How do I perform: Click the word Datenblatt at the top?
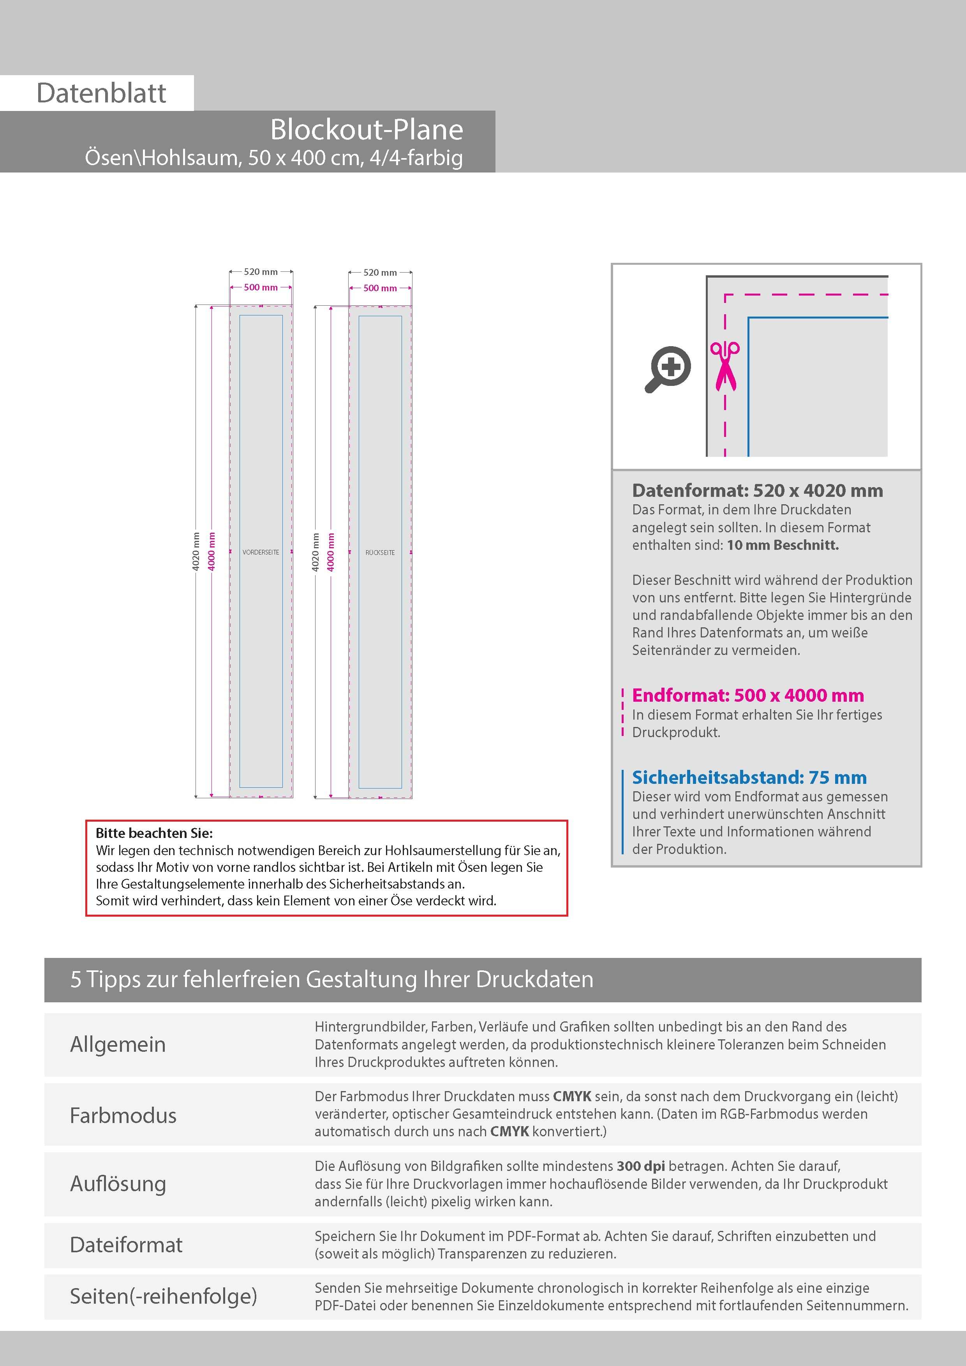[101, 93]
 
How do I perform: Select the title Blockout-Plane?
[366, 130]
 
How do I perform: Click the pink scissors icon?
[724, 366]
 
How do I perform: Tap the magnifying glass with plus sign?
[668, 369]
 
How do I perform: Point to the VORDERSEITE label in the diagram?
[261, 553]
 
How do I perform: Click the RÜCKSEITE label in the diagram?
[380, 553]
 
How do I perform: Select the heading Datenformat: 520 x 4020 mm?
[757, 491]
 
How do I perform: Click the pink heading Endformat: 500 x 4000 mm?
[747, 695]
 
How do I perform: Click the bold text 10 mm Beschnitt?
[782, 545]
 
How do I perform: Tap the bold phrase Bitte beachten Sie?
[154, 833]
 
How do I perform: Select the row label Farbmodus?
[123, 1116]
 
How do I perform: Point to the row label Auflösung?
[118, 1183]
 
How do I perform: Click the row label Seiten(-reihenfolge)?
[163, 1296]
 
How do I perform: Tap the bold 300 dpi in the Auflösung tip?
[640, 1166]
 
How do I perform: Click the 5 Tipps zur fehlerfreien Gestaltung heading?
[331, 979]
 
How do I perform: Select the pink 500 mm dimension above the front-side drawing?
[261, 287]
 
